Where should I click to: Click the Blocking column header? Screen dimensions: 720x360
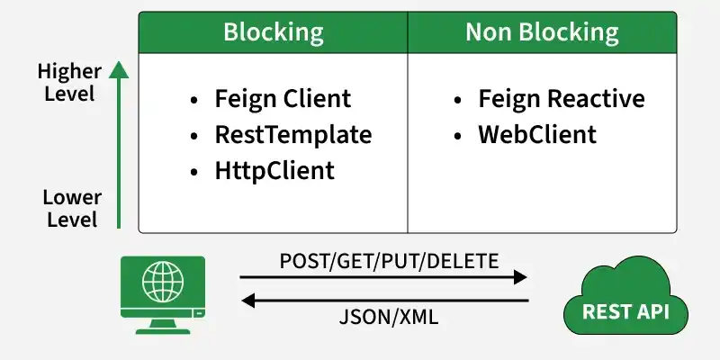[274, 32]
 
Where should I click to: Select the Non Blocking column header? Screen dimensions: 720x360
[542, 32]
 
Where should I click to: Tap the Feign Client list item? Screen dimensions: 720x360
[283, 99]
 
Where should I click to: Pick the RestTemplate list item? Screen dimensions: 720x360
[293, 134]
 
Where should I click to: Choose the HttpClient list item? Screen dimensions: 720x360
[274, 171]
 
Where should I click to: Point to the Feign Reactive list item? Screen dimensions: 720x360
[561, 99]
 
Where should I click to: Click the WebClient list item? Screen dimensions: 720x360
[537, 134]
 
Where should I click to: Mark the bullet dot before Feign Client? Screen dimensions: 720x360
[193, 100]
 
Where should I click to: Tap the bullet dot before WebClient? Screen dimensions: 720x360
[457, 136]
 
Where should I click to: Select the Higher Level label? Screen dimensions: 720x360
[69, 83]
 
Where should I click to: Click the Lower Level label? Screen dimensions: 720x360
[72, 209]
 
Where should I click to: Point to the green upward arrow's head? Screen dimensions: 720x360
[119, 70]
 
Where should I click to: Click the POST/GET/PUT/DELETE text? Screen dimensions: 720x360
[389, 261]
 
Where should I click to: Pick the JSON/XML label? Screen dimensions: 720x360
[389, 318]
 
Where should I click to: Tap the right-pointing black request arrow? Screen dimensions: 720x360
[383, 277]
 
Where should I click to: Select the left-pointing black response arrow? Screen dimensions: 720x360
[385, 301]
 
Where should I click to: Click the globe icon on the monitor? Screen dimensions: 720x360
[163, 282]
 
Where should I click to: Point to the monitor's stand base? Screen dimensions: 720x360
[163, 330]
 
